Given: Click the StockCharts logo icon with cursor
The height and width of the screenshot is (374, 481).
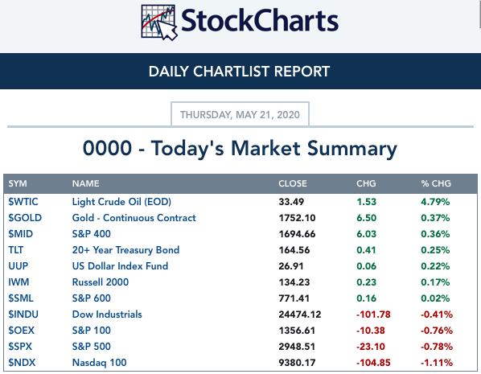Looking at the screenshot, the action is (159, 22).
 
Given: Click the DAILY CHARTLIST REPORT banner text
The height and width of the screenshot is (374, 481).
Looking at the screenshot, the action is (239, 72).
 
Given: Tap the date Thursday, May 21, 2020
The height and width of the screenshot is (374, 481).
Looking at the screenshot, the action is (240, 115).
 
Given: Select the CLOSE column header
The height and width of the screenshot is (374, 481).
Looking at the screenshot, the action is (292, 183).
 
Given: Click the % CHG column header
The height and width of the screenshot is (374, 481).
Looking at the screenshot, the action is (436, 183).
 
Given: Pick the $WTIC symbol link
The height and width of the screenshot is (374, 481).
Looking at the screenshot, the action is (23, 202).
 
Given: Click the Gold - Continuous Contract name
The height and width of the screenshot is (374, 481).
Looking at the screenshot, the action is (134, 218).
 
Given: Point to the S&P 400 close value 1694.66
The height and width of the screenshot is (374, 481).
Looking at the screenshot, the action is (297, 234).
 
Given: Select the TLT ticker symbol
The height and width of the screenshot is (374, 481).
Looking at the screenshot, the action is (15, 250).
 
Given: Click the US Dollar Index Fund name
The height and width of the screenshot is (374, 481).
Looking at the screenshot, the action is (120, 266).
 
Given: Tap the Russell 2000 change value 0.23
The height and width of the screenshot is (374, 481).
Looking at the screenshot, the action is (366, 282).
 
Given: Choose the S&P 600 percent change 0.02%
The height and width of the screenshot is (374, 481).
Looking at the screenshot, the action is (435, 298).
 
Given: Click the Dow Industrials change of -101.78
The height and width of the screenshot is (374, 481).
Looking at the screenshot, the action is (373, 314).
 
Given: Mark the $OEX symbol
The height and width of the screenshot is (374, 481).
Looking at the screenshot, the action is (21, 331).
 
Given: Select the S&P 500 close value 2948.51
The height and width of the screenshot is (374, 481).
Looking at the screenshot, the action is (297, 347).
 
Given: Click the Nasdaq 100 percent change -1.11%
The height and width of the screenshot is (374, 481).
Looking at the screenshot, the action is (437, 363).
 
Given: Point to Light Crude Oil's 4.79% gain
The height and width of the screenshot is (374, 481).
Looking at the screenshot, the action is (435, 202).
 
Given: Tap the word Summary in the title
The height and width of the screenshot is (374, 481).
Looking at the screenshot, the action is (352, 149).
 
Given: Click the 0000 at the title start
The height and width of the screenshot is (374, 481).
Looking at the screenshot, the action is (107, 148).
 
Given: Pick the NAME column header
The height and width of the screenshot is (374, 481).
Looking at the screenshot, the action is (85, 183).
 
